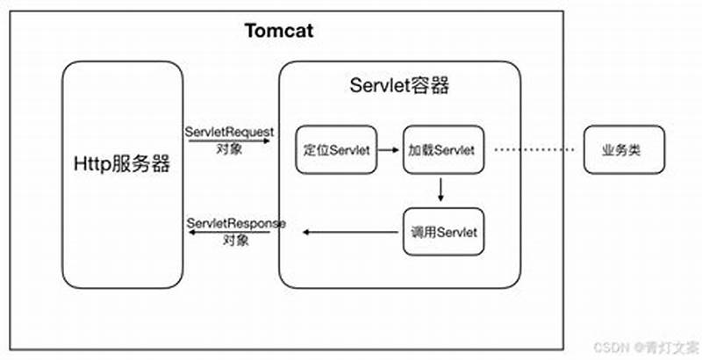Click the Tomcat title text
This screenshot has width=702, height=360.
(x=279, y=32)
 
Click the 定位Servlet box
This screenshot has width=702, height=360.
(x=337, y=150)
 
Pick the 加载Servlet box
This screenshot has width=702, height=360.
(x=442, y=150)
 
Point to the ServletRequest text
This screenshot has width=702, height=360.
(x=230, y=131)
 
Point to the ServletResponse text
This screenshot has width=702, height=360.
(x=235, y=223)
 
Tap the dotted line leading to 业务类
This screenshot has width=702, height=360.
(x=532, y=150)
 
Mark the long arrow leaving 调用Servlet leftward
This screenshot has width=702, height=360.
(x=351, y=232)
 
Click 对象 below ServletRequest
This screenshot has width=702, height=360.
(x=229, y=148)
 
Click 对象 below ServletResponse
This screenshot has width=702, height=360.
(x=234, y=238)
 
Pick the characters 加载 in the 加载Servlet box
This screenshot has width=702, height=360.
(x=419, y=150)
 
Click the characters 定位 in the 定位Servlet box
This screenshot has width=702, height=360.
(x=314, y=150)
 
